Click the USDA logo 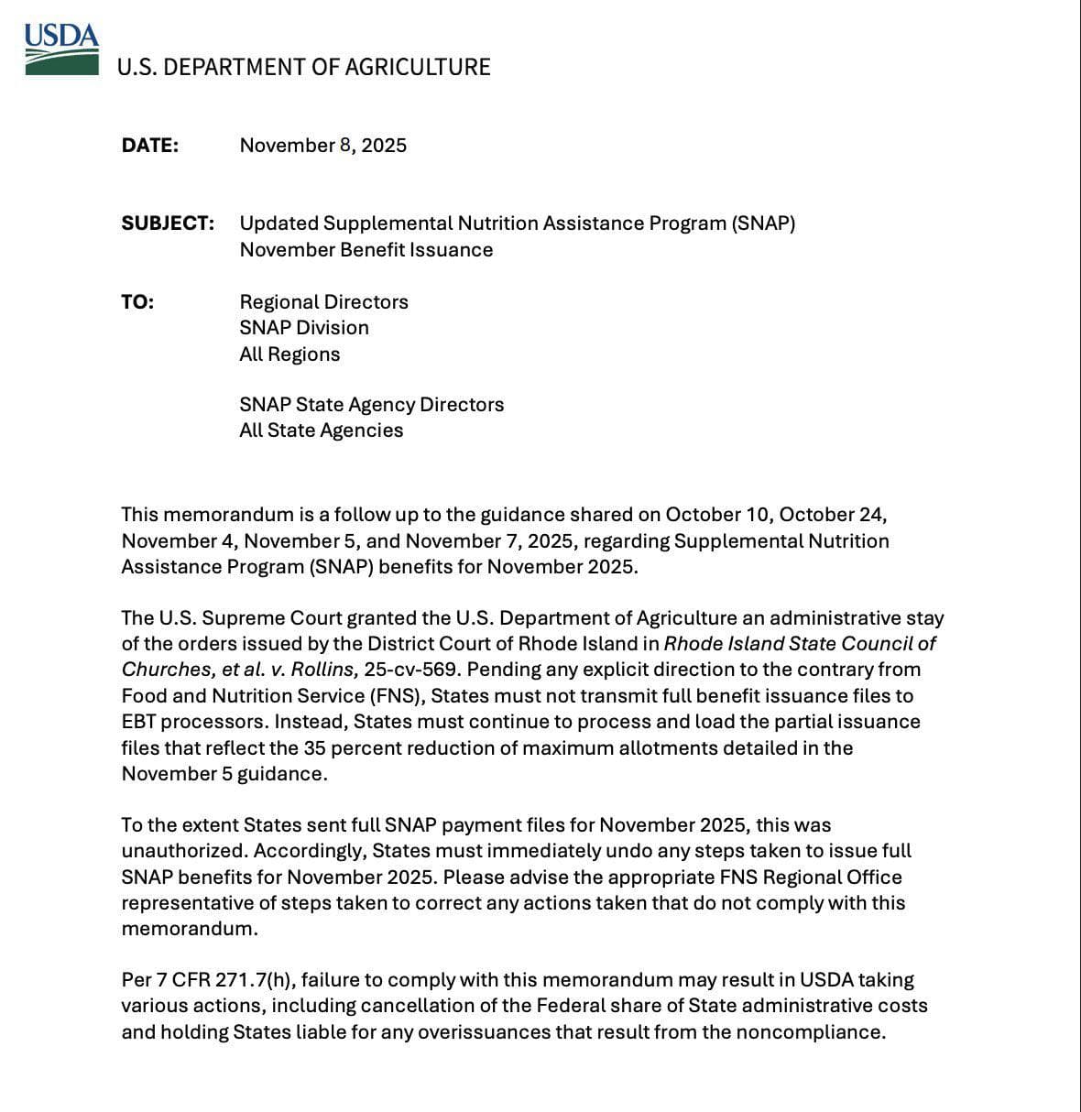(61, 49)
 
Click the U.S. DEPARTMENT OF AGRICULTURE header (303, 67)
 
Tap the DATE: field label (149, 146)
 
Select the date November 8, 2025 (322, 146)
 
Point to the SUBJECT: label (168, 223)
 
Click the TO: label (137, 302)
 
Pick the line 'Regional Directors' (323, 302)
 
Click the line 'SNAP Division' (303, 328)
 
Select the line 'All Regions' (289, 354)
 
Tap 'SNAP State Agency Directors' (371, 405)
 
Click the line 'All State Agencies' (321, 431)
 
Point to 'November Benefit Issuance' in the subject (366, 250)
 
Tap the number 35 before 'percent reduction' (314, 748)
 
